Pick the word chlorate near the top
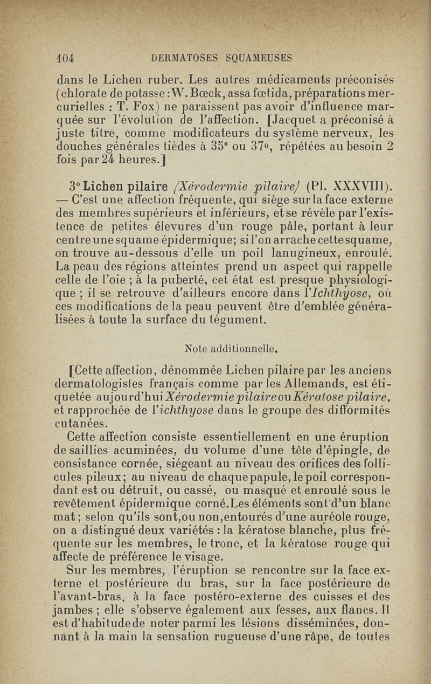coord(84,89)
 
